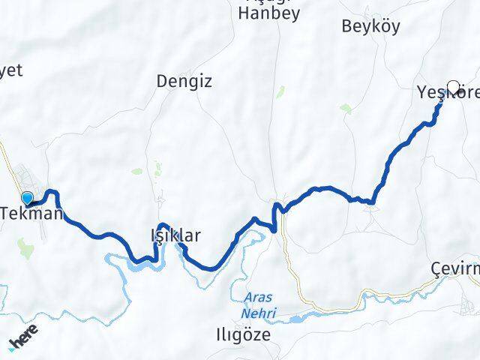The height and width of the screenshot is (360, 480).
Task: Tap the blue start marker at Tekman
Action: coord(28,199)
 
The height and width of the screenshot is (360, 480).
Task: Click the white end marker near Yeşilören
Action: coord(453,87)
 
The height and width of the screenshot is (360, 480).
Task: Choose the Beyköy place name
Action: coord(370,26)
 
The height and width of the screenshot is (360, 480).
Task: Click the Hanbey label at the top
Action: coord(268,13)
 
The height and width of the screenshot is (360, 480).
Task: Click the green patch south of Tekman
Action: coord(26,248)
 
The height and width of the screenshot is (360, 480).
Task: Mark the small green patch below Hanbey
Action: coord(280,91)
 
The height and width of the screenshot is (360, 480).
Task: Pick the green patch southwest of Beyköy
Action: coord(346,108)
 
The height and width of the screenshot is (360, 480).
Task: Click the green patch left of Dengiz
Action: coord(137,171)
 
